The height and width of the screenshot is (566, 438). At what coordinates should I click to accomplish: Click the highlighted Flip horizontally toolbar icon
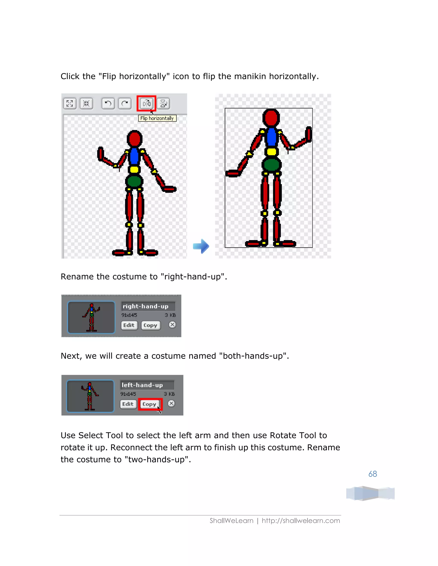(x=146, y=103)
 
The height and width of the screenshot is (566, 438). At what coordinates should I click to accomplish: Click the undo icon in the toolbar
(x=108, y=103)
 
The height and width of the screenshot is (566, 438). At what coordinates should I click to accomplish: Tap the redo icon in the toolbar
(x=125, y=103)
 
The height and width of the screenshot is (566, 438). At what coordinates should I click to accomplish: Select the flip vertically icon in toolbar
(x=163, y=103)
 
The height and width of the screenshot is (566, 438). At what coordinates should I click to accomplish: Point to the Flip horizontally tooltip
(x=157, y=118)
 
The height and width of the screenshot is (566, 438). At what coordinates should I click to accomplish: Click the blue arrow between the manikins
(x=201, y=246)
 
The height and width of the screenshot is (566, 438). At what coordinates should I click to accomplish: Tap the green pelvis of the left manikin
(x=134, y=181)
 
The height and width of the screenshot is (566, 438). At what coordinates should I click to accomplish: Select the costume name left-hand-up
(x=142, y=385)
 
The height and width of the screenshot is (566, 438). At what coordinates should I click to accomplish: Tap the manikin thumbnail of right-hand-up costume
(x=91, y=317)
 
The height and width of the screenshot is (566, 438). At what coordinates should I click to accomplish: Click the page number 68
(x=372, y=474)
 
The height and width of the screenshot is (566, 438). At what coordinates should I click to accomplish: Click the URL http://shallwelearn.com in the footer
(x=301, y=521)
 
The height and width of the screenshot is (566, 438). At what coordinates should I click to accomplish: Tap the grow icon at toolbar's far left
(x=70, y=103)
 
